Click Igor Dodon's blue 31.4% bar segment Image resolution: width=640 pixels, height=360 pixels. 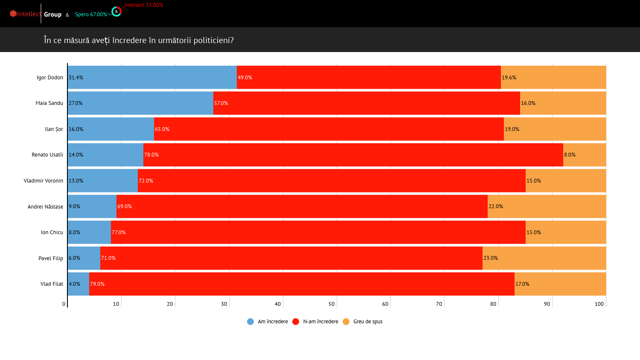152,77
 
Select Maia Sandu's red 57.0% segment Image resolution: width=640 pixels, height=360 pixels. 367,103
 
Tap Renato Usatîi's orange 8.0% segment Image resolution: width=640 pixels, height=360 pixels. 585,155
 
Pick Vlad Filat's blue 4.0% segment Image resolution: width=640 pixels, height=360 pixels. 79,284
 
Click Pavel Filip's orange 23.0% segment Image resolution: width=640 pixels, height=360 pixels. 544,258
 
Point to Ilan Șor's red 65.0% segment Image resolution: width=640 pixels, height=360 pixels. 329,129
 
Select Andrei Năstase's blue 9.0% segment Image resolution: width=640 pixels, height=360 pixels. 92,206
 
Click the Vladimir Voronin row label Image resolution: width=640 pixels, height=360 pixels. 44,181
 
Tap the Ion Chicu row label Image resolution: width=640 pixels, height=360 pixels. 52,232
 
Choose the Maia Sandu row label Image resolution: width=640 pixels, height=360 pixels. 49,103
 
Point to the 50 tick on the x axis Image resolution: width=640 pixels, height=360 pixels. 332,304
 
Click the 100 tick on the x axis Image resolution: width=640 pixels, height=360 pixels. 599,304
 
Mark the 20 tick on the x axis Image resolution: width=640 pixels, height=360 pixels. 170,304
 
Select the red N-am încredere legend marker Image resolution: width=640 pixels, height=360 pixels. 296,322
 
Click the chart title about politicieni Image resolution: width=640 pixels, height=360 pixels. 139,40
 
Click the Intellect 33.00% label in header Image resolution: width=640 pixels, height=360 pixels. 144,5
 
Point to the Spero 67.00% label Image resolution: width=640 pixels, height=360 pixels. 91,15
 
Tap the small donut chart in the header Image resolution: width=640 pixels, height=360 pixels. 116,12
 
